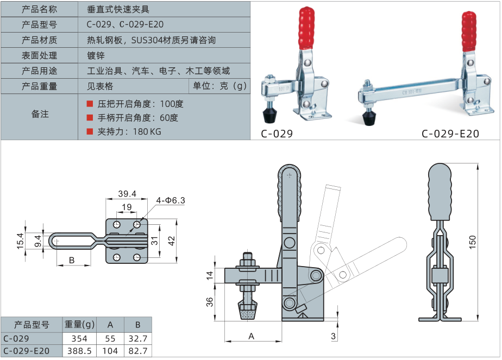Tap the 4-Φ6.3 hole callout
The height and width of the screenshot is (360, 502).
(x=171, y=200)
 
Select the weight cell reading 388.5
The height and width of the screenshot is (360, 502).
(x=79, y=351)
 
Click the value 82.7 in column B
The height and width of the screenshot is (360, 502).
(x=138, y=351)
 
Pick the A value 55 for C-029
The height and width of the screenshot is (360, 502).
(x=110, y=338)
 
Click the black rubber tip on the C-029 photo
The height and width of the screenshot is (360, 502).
(x=270, y=114)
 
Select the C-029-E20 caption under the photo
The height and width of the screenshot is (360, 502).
(x=450, y=134)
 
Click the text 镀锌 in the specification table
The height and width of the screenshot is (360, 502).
(x=96, y=55)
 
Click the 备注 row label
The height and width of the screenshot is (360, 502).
(x=40, y=114)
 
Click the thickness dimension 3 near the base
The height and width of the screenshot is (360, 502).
(x=332, y=336)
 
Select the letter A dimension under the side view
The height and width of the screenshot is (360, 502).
(x=252, y=336)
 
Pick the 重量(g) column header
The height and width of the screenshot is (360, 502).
(x=79, y=325)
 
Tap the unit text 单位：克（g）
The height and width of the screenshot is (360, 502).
(x=219, y=86)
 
